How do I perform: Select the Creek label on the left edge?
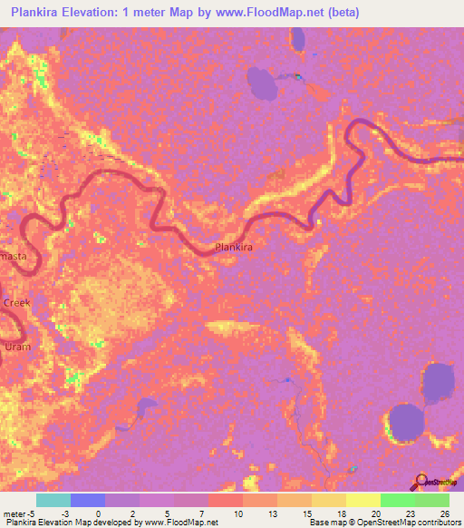[16, 303]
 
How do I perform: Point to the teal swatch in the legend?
[53, 500]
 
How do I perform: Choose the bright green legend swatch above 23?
[398, 500]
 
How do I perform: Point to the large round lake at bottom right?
[406, 422]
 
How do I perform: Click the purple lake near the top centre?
[264, 83]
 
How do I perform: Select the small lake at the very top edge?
[297, 38]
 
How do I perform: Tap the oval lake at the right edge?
[438, 384]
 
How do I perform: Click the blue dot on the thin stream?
[288, 380]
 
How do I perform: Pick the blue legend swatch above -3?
[87, 500]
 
